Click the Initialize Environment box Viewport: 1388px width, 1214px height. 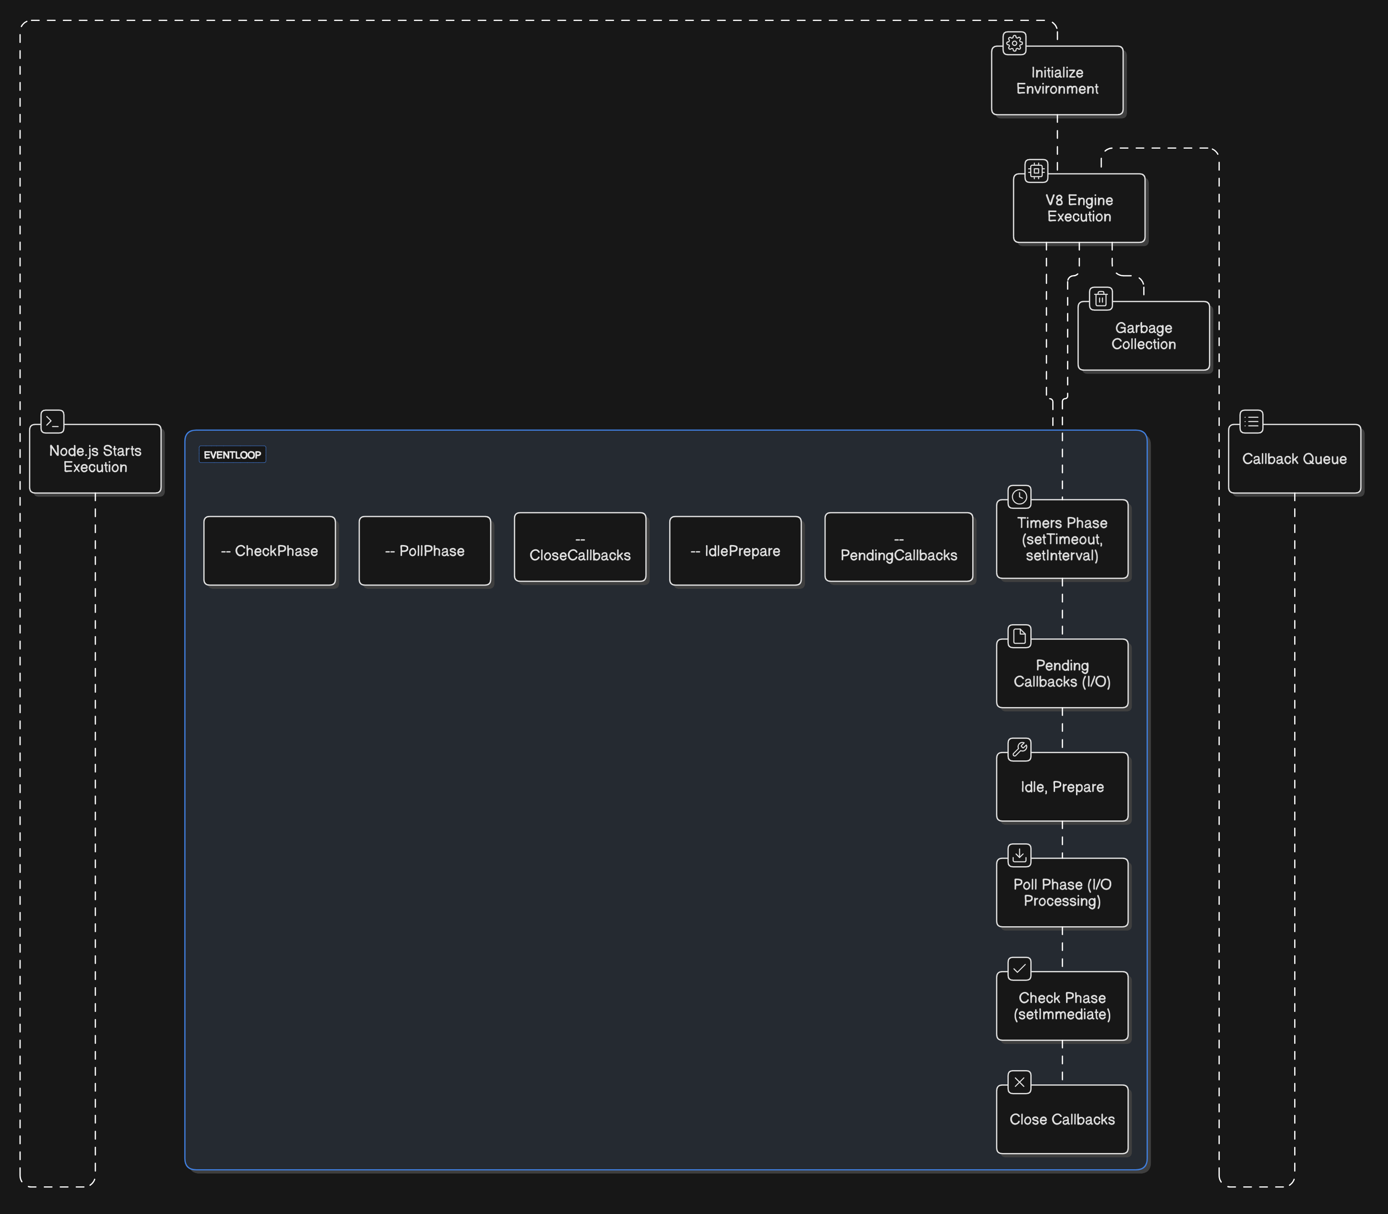coord(1057,81)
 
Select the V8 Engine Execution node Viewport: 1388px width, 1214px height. coord(1079,208)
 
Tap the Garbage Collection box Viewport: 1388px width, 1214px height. coord(1144,336)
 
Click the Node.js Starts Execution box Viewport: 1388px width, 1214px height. coord(96,459)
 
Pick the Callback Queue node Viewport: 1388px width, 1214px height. coord(1295,459)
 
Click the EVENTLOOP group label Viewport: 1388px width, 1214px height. coord(232,455)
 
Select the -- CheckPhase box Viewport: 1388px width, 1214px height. coord(270,551)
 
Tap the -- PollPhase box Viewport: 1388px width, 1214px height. coord(425,551)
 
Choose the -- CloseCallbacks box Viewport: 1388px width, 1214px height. coord(580,547)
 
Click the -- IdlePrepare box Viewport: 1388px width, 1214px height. coord(735,551)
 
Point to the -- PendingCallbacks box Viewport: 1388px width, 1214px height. coord(899,547)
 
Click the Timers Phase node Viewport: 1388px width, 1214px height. coord(1062,539)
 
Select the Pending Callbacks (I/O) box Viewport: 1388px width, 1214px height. coord(1062,673)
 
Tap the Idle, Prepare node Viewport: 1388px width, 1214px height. coord(1062,787)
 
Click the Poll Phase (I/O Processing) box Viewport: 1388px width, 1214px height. coord(1062,893)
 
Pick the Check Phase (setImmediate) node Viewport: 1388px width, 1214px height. coord(1062,1006)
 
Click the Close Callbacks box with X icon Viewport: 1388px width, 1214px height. coord(1062,1119)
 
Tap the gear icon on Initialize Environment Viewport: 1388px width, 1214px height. coord(1014,43)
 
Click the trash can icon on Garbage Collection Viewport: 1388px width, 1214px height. coord(1101,299)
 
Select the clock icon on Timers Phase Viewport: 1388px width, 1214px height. coord(1019,496)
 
